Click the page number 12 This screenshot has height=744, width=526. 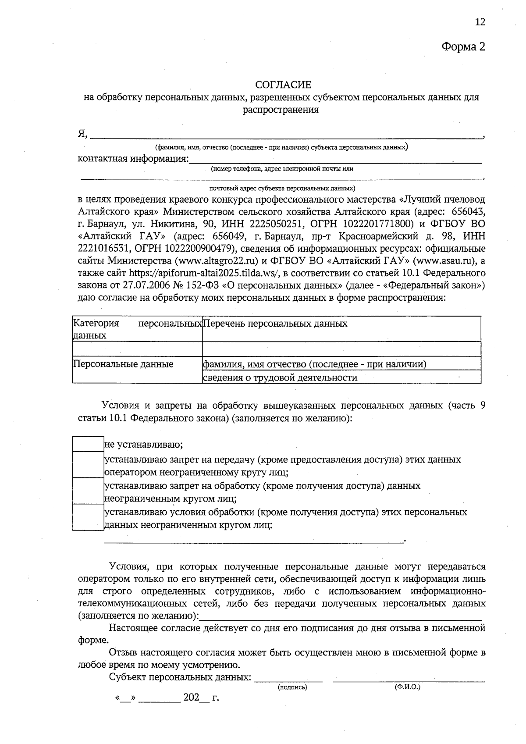(x=480, y=22)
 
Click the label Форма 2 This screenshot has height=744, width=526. (x=463, y=47)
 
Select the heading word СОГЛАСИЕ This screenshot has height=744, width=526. (x=283, y=84)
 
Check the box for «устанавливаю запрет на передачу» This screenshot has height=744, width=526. (x=88, y=465)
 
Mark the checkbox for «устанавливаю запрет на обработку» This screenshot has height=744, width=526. (x=88, y=491)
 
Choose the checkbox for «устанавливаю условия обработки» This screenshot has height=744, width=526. (x=88, y=517)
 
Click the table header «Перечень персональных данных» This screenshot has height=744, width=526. (x=276, y=324)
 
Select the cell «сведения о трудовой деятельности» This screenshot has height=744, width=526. (x=280, y=377)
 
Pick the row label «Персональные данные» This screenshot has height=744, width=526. (x=123, y=364)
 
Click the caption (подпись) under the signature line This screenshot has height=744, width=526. (x=292, y=687)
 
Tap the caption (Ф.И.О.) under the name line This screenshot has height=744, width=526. (x=407, y=687)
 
